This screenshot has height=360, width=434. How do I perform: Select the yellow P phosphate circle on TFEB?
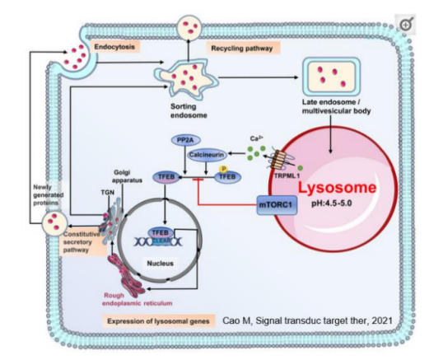(221, 167)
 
